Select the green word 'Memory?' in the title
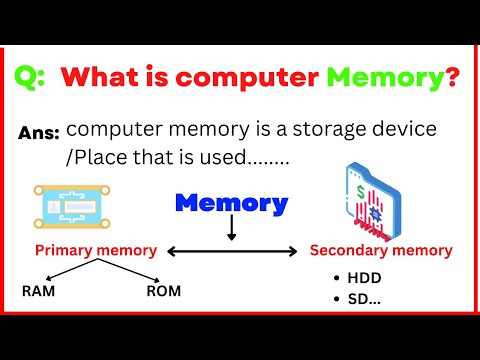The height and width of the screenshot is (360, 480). click(x=396, y=77)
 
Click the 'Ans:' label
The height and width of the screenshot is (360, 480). click(x=39, y=133)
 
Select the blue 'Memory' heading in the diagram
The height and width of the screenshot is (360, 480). click(x=232, y=204)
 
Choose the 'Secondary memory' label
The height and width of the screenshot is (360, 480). click(x=381, y=250)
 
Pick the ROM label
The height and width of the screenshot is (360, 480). click(x=162, y=292)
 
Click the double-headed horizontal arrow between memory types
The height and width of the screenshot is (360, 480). click(x=232, y=251)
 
